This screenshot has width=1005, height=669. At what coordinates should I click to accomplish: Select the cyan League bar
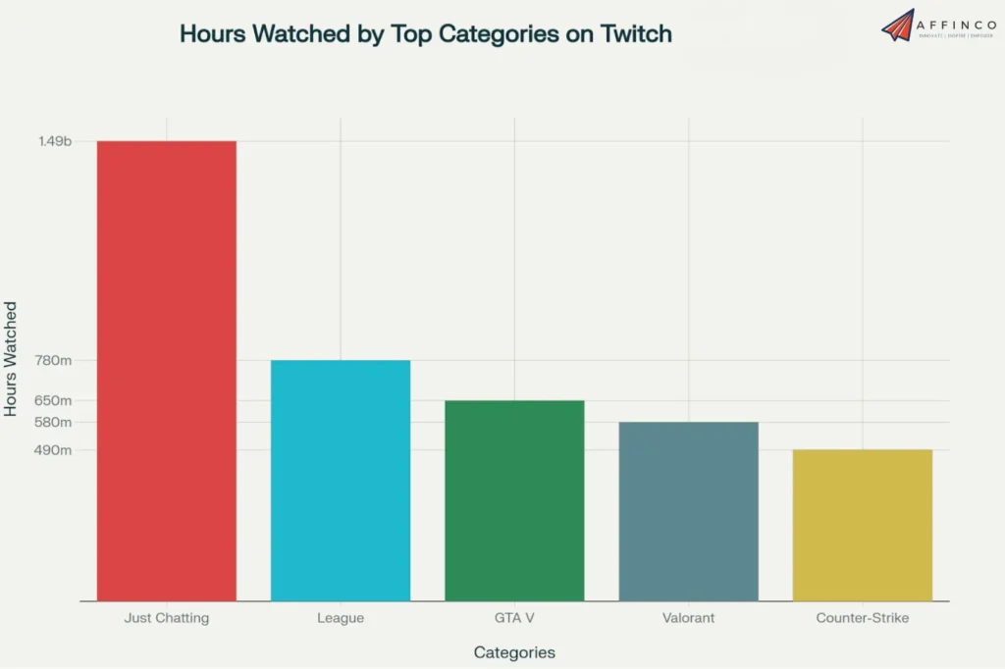(341, 481)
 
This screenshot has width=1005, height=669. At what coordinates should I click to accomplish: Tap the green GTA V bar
(514, 500)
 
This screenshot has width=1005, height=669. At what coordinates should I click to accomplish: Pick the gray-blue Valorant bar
(688, 511)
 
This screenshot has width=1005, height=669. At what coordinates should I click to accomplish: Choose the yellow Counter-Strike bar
(862, 525)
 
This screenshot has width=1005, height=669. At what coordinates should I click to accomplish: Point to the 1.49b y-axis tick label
(55, 142)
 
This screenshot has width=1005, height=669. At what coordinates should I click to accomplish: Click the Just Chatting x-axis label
(166, 619)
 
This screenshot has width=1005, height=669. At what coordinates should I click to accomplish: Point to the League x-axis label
(341, 619)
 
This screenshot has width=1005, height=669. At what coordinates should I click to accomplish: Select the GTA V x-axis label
(514, 619)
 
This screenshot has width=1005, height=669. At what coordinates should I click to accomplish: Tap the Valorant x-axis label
(688, 619)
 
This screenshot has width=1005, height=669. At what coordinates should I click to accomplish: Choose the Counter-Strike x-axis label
(862, 619)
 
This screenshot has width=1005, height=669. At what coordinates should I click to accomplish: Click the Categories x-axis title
(514, 652)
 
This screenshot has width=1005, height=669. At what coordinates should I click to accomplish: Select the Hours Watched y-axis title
(12, 359)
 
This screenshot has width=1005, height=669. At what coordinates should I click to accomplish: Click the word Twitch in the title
(636, 33)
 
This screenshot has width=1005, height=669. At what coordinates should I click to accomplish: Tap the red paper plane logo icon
(897, 26)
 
